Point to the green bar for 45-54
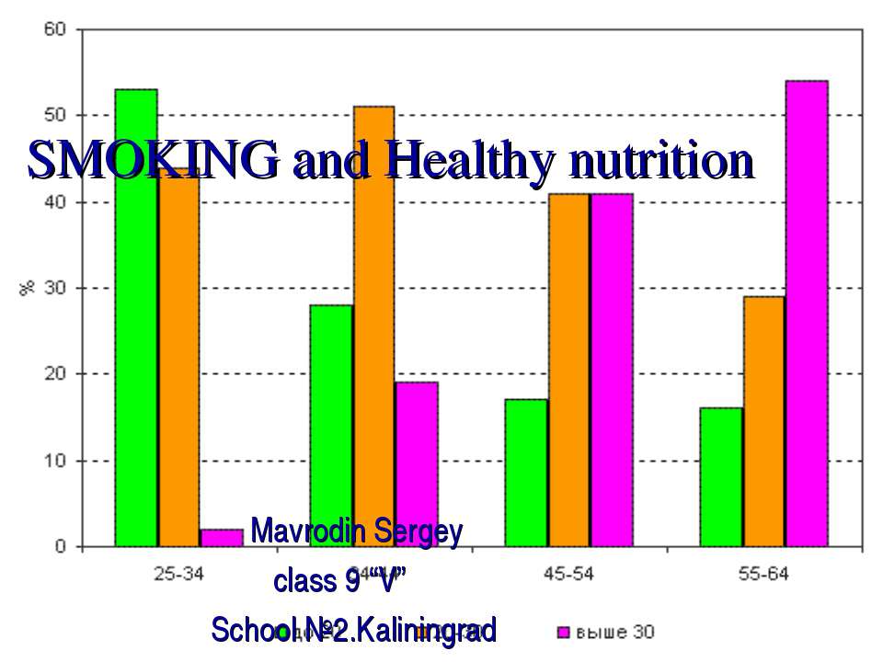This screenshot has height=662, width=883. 526,473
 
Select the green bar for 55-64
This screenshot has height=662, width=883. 721,477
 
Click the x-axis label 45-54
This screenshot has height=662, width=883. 568,575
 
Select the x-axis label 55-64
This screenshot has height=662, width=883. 763,575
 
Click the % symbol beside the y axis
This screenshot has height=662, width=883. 27,288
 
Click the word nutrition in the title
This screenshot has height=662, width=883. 661,161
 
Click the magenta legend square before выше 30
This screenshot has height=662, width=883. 563,632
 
